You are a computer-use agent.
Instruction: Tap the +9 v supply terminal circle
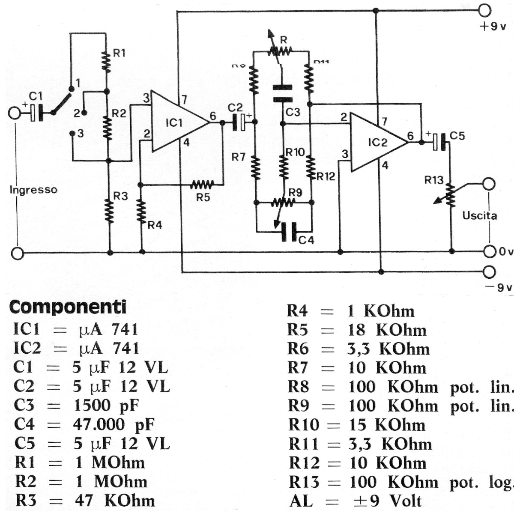coord(484,10)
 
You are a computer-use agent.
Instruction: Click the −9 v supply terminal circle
coord(489,271)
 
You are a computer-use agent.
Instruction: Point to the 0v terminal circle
coord(489,251)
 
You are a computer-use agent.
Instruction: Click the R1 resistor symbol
coord(106,61)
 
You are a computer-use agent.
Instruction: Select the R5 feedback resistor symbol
coord(202,185)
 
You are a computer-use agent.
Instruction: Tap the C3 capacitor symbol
coord(282,93)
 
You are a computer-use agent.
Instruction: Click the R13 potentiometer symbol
coord(450,195)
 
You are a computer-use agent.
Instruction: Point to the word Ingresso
coord(33,190)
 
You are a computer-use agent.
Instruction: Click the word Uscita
coord(479,215)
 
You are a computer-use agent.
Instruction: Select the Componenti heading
coord(68,307)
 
